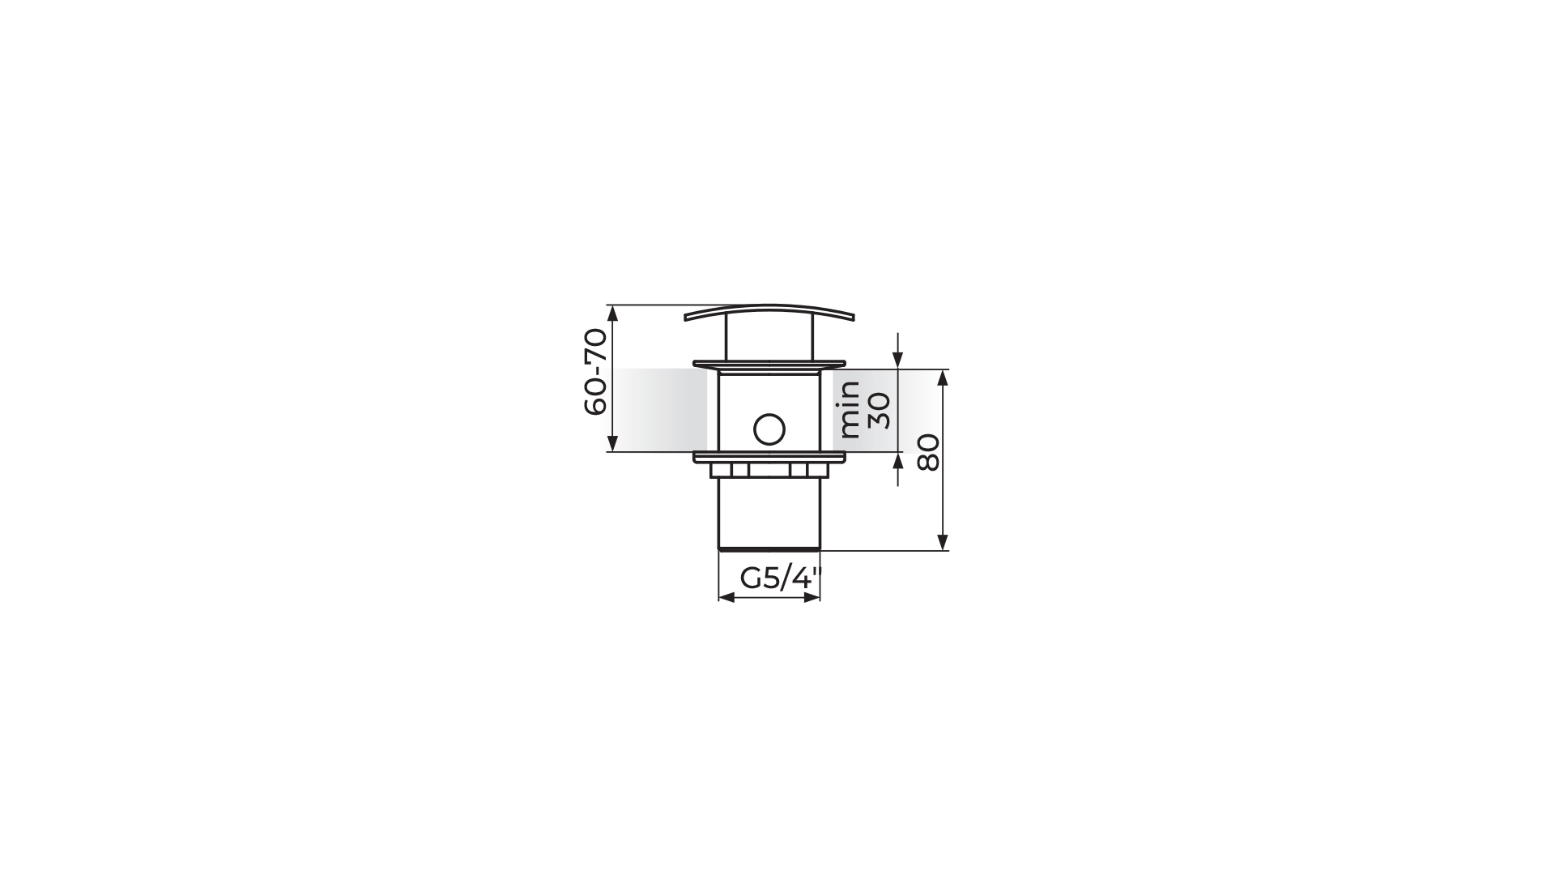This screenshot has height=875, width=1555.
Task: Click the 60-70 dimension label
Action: (x=595, y=371)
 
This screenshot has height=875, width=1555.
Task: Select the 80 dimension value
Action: (x=928, y=452)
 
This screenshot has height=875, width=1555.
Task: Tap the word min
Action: (x=849, y=409)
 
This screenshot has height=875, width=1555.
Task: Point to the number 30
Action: (x=879, y=410)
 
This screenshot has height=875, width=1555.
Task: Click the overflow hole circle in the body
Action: (x=769, y=429)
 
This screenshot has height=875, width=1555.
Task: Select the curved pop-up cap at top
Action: (x=769, y=312)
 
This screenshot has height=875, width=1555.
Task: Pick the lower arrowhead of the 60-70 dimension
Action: (x=613, y=443)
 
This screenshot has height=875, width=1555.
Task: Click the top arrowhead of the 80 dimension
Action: (x=943, y=378)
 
